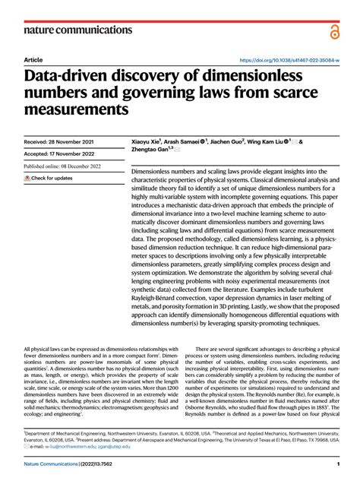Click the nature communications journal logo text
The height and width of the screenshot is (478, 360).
(79, 30)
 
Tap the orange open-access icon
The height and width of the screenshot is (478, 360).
(334, 30)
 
